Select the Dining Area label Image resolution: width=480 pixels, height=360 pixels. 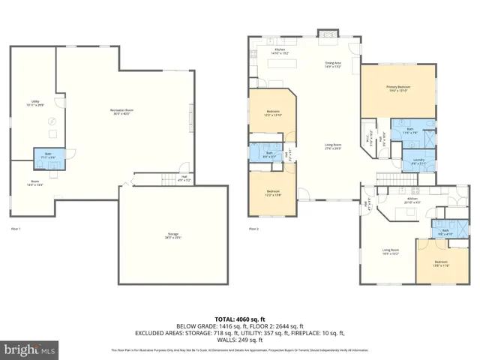tap(333, 64)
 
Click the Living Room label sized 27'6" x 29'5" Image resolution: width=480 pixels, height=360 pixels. tap(333, 146)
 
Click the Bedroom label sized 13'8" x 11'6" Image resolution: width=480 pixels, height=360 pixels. tap(440, 264)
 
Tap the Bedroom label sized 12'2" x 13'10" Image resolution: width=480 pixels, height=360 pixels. tap(271, 113)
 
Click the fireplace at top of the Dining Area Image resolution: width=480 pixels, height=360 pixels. tap(328, 33)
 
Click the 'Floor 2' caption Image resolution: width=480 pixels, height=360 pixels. tap(254, 228)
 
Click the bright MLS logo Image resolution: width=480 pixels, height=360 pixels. tap(30, 349)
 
